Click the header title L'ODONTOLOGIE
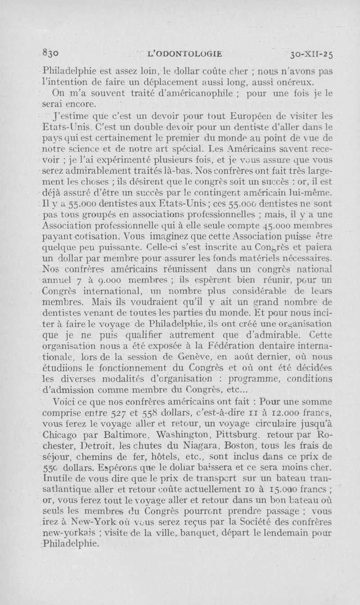click(x=184, y=53)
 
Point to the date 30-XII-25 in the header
click(x=312, y=53)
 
